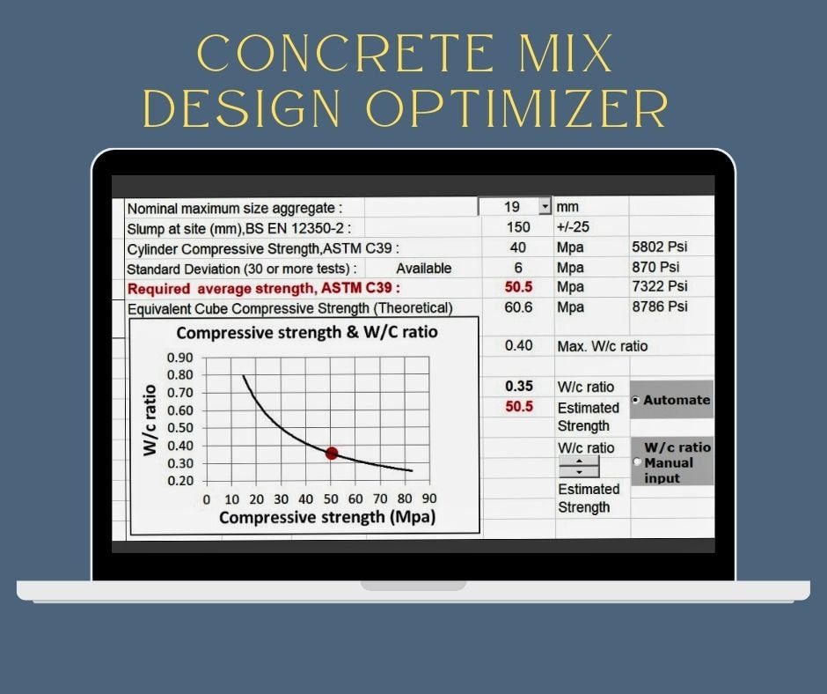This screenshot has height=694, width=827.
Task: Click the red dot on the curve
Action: point(332,453)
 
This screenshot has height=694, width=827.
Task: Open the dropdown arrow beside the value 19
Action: point(545,207)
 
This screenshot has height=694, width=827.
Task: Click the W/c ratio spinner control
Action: point(579,467)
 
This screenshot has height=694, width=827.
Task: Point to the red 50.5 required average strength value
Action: point(519,287)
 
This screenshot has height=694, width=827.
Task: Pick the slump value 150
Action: point(518,227)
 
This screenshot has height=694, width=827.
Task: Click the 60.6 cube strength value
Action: point(519,306)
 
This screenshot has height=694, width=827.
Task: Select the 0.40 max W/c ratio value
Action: point(519,346)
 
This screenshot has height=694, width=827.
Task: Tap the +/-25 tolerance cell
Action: point(574,227)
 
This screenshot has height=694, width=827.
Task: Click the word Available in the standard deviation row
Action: point(423,268)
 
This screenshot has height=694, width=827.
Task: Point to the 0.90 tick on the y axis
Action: point(180,358)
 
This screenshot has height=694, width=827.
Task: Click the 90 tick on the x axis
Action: point(429,499)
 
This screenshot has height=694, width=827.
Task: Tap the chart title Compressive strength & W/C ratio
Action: point(307,333)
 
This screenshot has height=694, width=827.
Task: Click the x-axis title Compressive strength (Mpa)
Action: point(326,517)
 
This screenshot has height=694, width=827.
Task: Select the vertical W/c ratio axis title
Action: point(150,419)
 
